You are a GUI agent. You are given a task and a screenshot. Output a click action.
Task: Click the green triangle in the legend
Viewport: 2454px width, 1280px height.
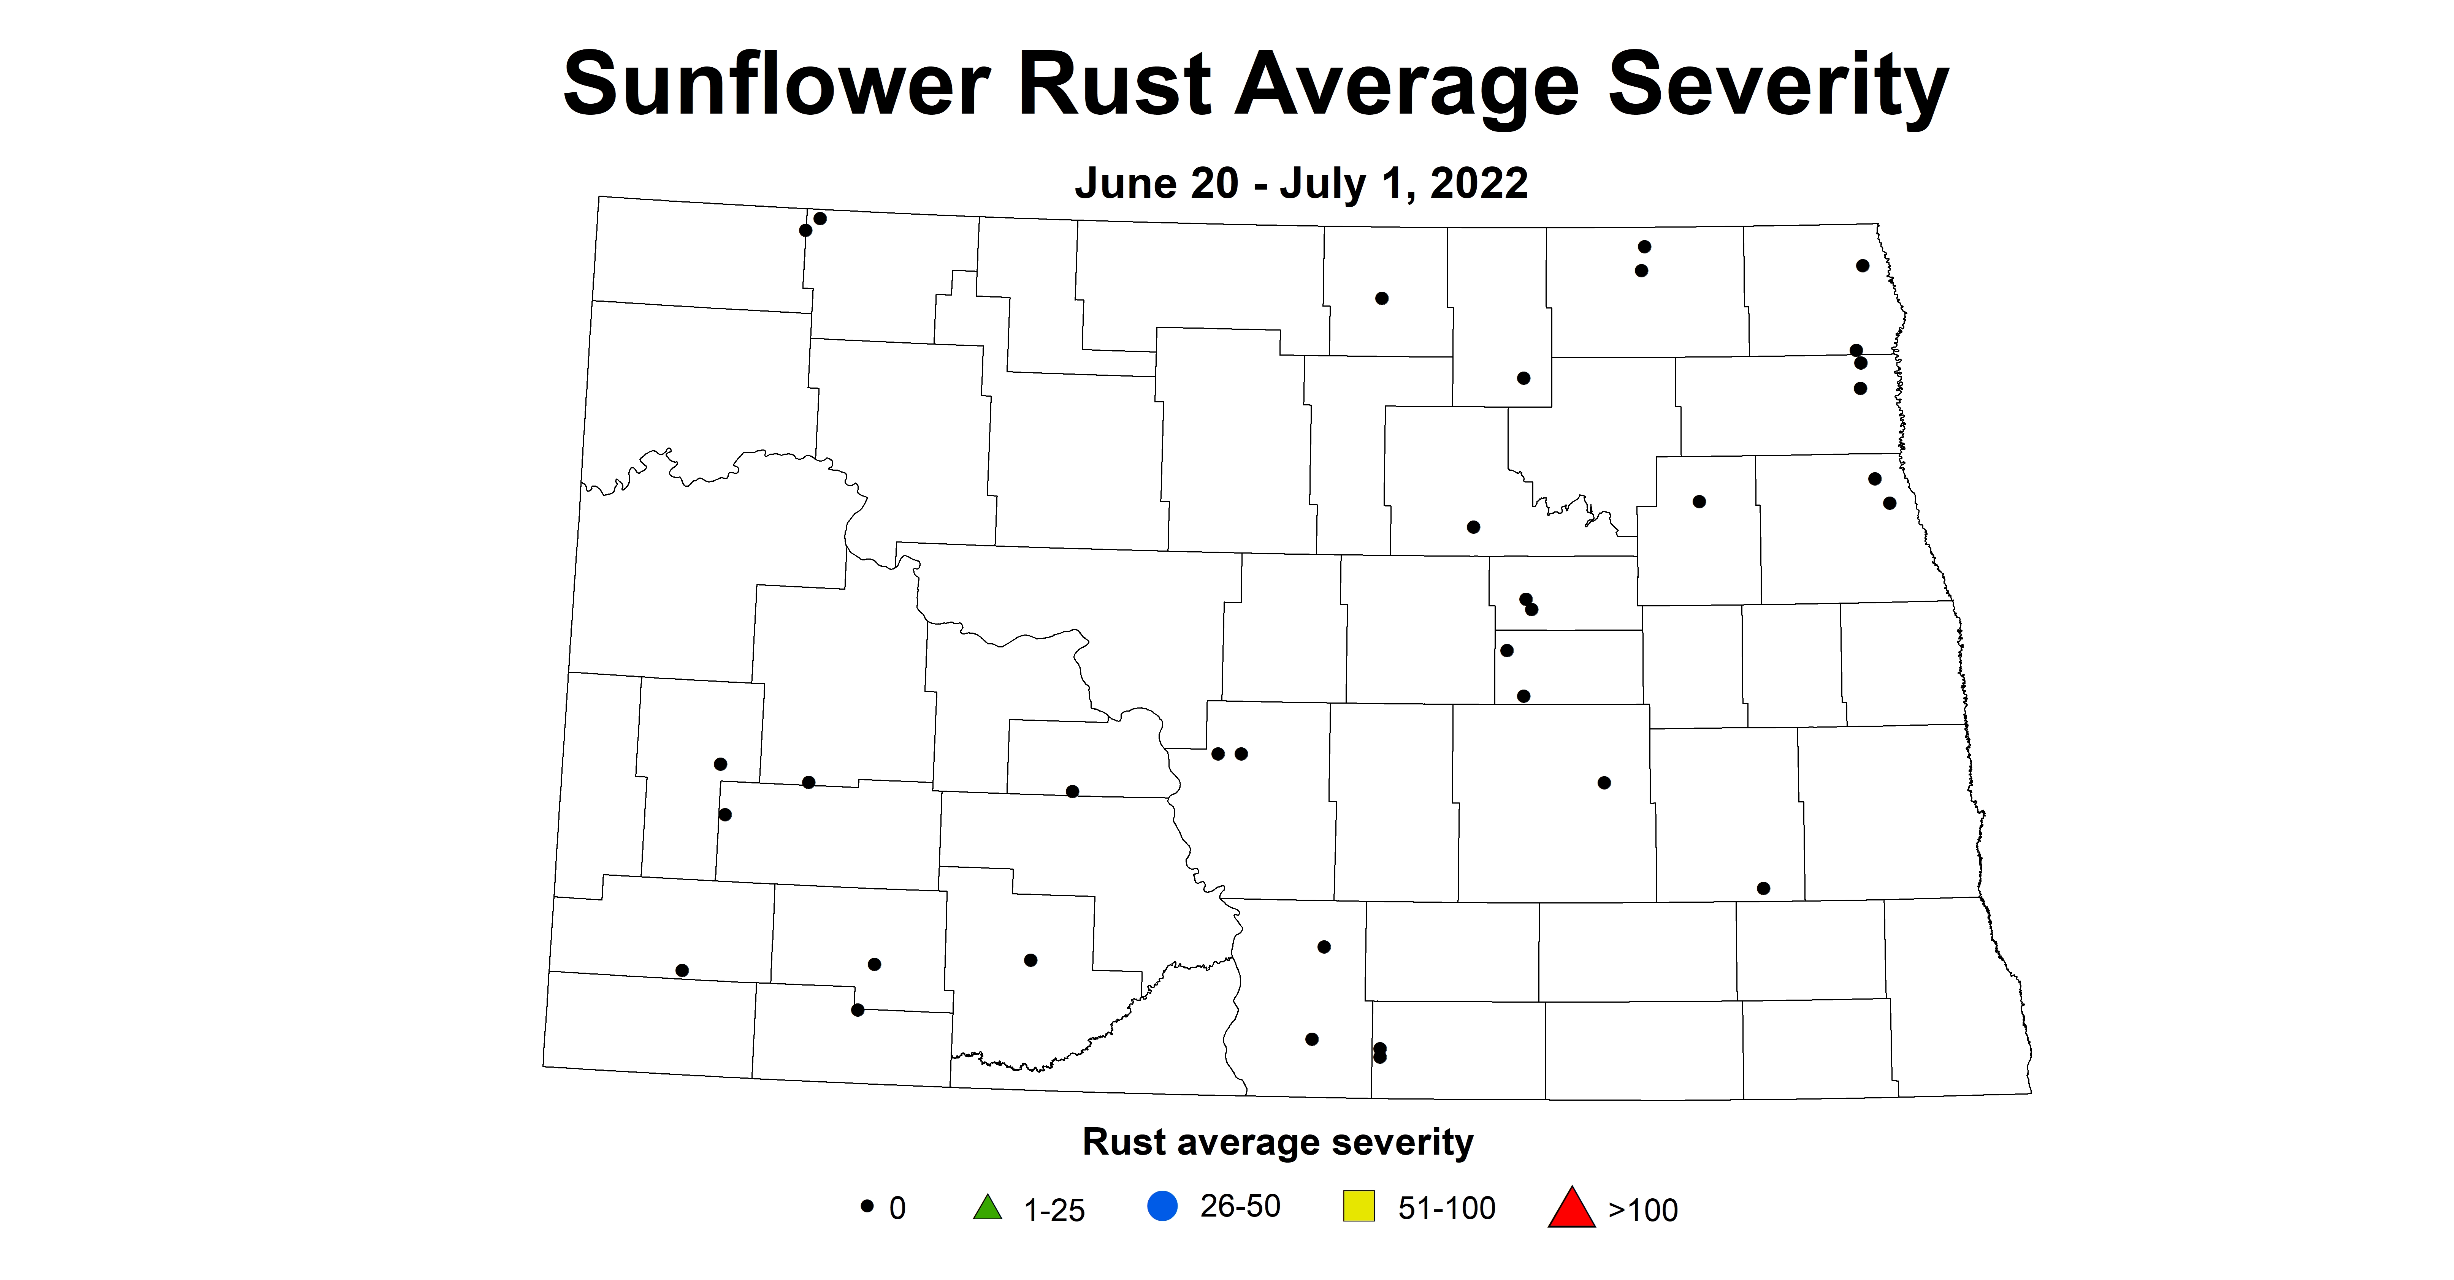pos(988,1207)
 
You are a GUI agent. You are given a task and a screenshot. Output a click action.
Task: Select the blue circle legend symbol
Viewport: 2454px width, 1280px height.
pos(1162,1207)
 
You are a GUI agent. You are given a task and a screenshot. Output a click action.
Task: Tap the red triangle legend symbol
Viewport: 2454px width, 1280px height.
pos(1571,1207)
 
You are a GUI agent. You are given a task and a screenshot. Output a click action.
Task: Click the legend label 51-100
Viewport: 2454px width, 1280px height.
pos(1446,1207)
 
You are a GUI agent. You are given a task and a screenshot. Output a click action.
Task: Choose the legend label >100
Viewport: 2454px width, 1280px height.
pos(1642,1210)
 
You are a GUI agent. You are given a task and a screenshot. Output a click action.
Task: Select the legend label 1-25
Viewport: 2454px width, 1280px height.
pos(1054,1210)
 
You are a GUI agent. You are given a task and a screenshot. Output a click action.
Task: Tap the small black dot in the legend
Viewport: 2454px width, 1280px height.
pos(867,1206)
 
